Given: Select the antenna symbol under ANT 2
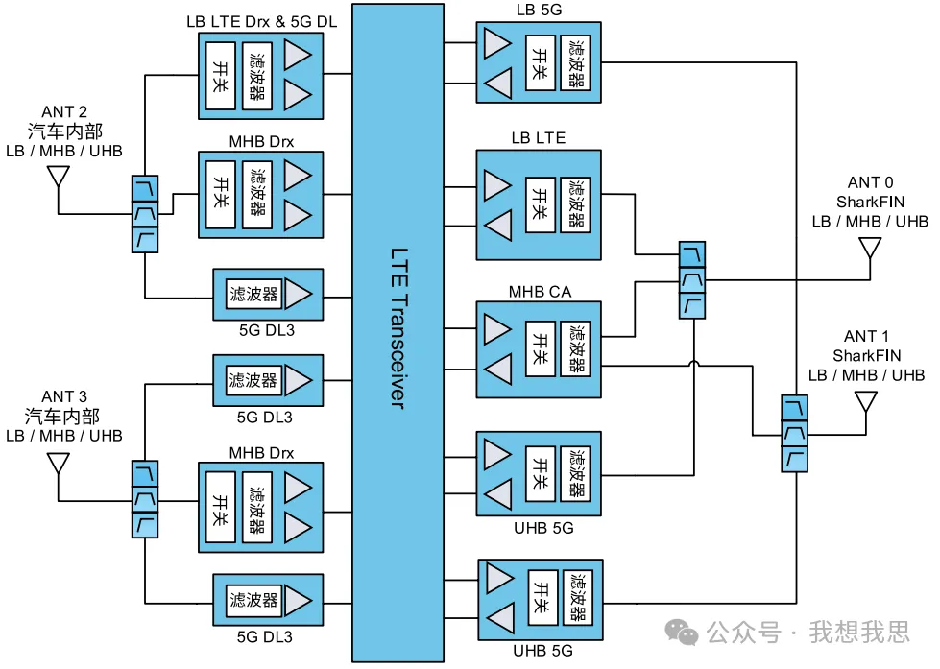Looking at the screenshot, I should [58, 178].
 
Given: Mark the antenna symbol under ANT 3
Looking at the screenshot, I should [58, 463].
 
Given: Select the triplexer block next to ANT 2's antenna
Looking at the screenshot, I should [144, 214].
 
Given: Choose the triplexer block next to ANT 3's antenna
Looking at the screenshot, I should [144, 499].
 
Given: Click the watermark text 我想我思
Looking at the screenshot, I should [858, 633].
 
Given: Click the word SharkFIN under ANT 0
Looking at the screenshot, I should [870, 203].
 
